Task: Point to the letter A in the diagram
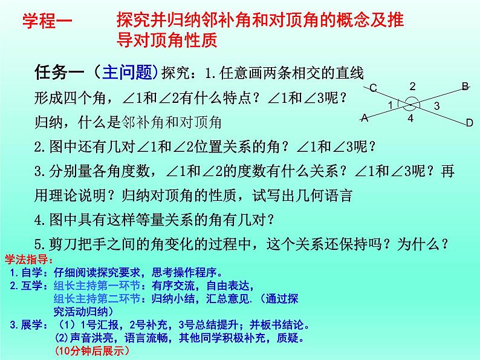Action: coord(365,119)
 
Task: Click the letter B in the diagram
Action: coord(465,86)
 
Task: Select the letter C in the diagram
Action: coord(373,89)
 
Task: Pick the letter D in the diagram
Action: coord(469,123)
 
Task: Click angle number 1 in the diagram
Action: coord(391,105)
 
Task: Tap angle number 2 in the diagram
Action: coord(412,86)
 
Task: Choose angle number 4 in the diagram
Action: coord(410,119)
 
